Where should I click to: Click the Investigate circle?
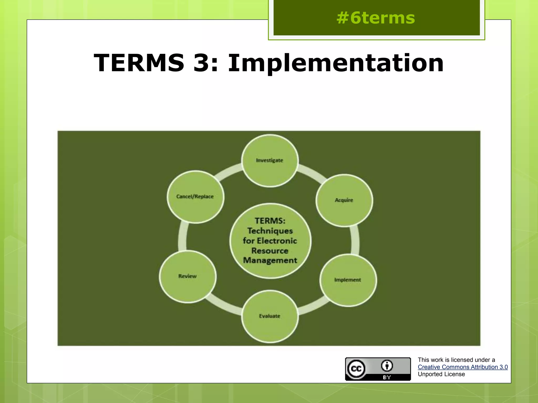tap(270, 161)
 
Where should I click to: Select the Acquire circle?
tap(344, 200)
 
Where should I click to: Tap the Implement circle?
tap(348, 280)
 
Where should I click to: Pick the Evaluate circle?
tap(270, 316)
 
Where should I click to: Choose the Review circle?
tap(188, 276)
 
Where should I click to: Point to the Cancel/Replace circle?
tap(195, 197)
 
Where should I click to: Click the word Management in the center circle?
tap(270, 261)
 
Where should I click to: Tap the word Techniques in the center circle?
tap(270, 231)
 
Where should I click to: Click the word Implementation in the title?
tap(336, 63)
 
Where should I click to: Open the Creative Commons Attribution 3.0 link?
tap(463, 367)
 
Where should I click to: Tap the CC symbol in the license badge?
tap(356, 369)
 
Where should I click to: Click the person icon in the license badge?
tap(387, 365)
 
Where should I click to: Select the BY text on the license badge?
tap(387, 377)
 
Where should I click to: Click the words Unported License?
tap(441, 374)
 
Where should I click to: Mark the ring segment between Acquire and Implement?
tap(355, 240)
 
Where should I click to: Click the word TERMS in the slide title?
tap(139, 63)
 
